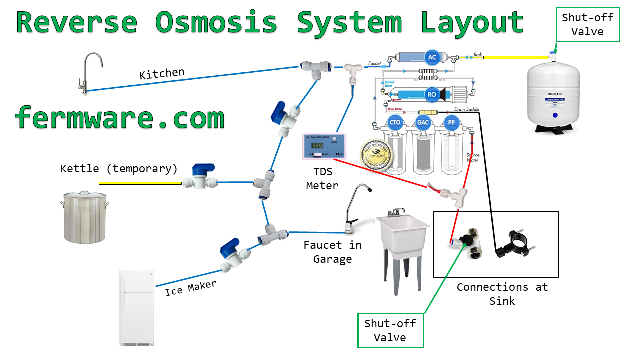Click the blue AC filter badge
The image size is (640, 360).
click(432, 57)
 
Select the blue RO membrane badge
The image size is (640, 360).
click(432, 93)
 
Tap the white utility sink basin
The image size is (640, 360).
click(402, 232)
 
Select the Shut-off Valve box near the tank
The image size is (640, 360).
click(587, 25)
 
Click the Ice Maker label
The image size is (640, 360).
click(191, 288)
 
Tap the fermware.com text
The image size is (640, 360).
click(120, 118)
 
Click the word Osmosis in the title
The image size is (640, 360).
click(216, 22)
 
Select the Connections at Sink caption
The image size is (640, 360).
click(502, 294)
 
